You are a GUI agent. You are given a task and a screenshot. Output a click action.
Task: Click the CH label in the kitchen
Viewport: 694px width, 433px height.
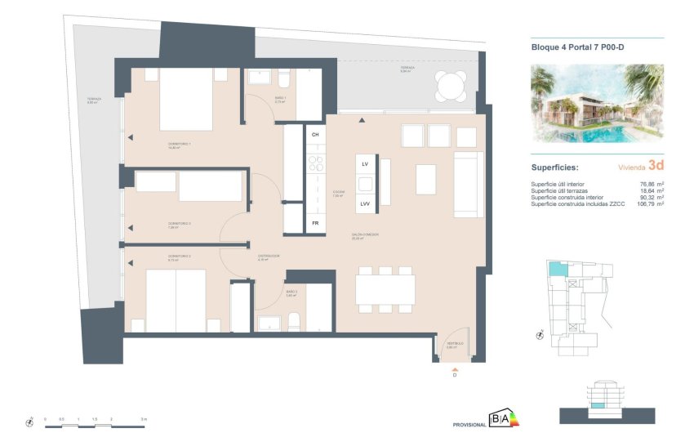click(x=315, y=133)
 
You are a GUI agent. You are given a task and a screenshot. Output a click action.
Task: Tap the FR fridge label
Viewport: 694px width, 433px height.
click(x=315, y=222)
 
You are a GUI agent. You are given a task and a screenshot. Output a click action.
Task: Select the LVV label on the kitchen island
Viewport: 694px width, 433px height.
click(x=366, y=203)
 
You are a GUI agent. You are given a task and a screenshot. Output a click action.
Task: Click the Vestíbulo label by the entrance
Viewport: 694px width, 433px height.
click(x=454, y=345)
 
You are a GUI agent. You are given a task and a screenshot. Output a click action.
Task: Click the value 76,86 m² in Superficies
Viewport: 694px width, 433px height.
click(x=650, y=184)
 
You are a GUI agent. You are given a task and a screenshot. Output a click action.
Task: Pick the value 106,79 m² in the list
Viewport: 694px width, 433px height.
click(x=648, y=203)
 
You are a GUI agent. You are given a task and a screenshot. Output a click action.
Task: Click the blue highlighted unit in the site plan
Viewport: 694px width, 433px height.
click(x=556, y=269)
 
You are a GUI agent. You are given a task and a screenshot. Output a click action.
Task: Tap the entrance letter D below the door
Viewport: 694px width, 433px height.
click(x=454, y=376)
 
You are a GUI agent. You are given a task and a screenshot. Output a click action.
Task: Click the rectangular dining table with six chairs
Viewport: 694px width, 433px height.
click(x=385, y=289)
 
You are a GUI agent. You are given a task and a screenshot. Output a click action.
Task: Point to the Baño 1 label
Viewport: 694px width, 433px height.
click(x=279, y=100)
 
